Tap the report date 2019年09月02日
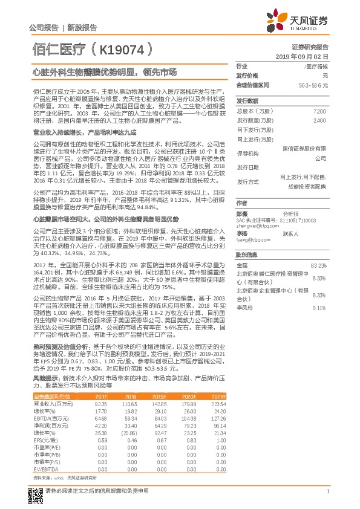[x=309, y=56]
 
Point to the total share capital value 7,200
[x=319, y=111]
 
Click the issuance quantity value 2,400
[x=319, y=120]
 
